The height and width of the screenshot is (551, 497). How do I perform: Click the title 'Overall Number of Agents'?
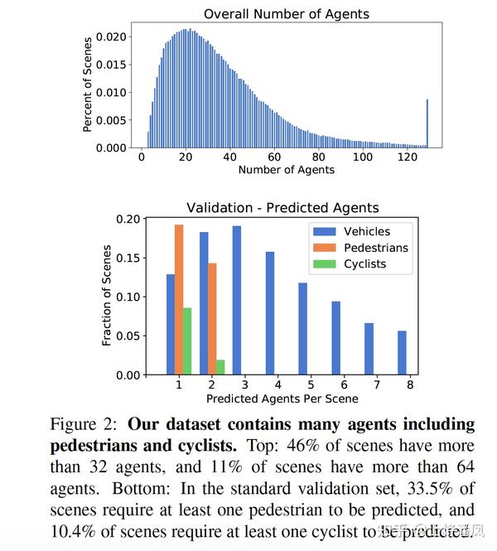coord(286,13)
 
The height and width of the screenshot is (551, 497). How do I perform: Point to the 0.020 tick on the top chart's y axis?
coord(112,37)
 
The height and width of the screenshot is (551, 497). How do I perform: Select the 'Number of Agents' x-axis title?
coord(286,170)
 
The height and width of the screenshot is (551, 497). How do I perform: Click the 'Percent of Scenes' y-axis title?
coord(87,84)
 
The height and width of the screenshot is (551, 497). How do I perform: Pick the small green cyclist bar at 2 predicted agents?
coord(220,367)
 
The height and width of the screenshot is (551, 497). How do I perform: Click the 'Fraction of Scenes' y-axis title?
coord(106,296)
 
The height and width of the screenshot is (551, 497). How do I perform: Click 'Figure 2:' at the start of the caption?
coord(85,425)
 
